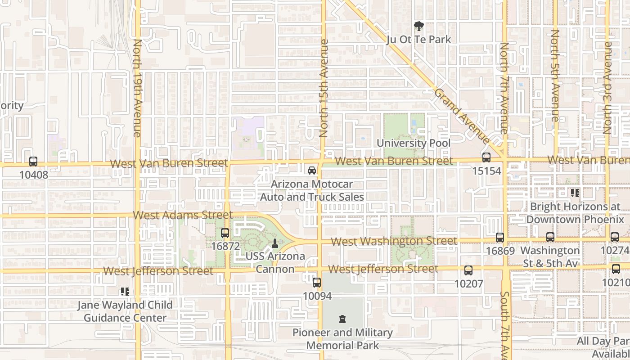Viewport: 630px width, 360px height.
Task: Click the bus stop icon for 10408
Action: point(33,162)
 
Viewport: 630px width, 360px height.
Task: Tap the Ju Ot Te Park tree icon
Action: point(418,27)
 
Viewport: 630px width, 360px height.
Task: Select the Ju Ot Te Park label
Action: point(418,40)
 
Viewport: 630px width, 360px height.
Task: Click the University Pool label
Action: point(413,143)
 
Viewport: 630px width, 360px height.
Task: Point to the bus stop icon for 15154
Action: point(486,157)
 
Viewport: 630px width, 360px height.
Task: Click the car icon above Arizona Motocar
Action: point(311,171)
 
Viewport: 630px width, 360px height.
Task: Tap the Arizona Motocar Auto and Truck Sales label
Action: point(312,191)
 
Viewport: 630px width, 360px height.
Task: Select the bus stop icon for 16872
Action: point(225,233)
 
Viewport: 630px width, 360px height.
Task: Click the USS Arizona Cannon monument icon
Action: point(275,243)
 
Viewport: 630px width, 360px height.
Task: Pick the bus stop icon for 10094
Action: point(317,283)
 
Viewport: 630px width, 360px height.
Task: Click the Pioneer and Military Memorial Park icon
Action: point(342,319)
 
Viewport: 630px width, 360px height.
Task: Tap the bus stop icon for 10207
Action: point(468,270)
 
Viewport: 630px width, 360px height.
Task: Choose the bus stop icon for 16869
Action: point(499,238)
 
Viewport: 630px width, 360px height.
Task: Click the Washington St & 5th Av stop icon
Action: point(550,237)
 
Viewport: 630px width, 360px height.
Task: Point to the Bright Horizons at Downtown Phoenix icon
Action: point(575,193)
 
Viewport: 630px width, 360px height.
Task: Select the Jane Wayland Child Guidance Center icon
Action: point(125,292)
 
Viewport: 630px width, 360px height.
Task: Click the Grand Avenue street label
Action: point(462,116)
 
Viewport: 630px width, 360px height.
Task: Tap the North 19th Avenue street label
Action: point(137,88)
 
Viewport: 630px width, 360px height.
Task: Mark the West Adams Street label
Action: point(183,215)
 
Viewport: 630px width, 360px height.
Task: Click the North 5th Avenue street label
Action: point(555,75)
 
